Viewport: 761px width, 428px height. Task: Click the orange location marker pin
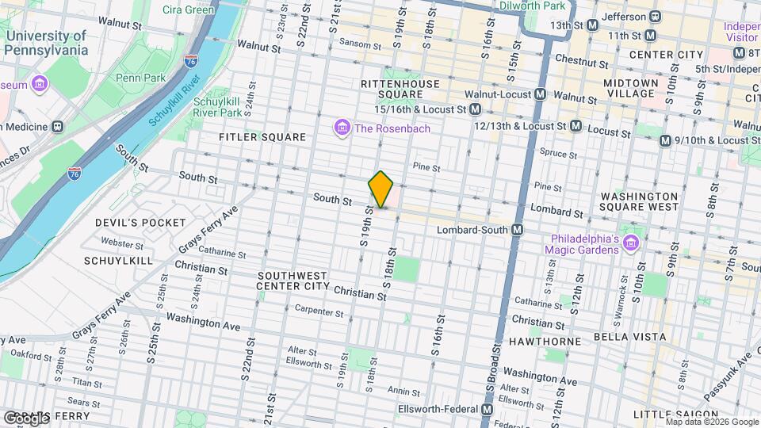click(381, 189)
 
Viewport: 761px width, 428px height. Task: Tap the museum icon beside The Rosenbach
click(342, 128)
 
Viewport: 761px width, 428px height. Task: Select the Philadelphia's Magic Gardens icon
click(630, 242)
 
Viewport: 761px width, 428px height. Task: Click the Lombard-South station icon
click(518, 230)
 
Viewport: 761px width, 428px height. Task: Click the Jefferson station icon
click(656, 17)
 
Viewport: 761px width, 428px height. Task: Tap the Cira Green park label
click(189, 10)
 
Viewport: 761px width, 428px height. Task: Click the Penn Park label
click(140, 78)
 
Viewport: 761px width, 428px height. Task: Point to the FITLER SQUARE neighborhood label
click(262, 137)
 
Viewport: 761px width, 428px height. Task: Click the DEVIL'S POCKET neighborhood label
click(140, 223)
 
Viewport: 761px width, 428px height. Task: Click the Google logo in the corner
click(26, 417)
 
